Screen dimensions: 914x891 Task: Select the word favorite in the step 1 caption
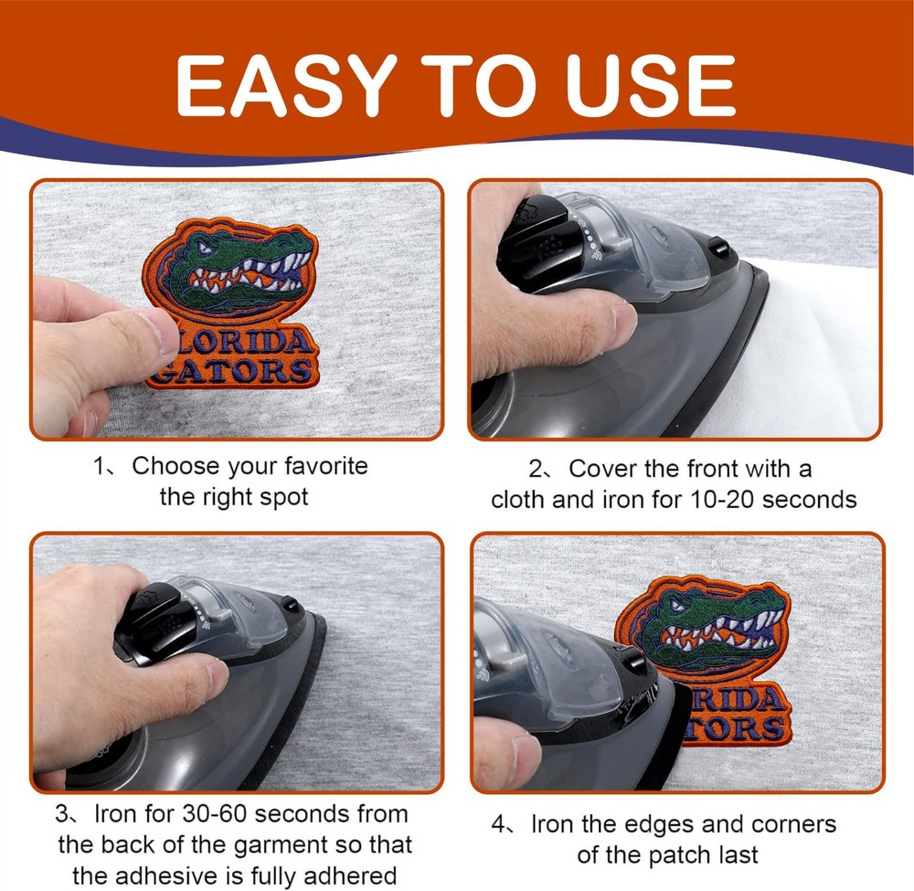[x=326, y=466]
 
